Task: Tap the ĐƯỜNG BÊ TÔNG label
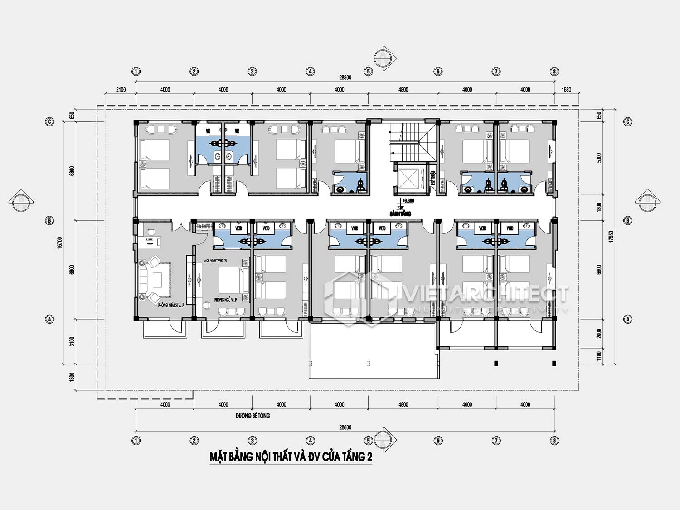(x=253, y=415)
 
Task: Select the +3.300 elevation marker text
(x=408, y=200)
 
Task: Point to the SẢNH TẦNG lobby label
(x=400, y=213)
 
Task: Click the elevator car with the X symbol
(x=407, y=177)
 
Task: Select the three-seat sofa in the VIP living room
(x=144, y=279)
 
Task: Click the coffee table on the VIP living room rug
(x=157, y=279)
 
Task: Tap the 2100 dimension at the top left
(x=121, y=90)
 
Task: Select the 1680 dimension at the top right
(x=566, y=90)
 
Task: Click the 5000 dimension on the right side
(x=599, y=158)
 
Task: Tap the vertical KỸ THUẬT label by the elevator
(x=432, y=178)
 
